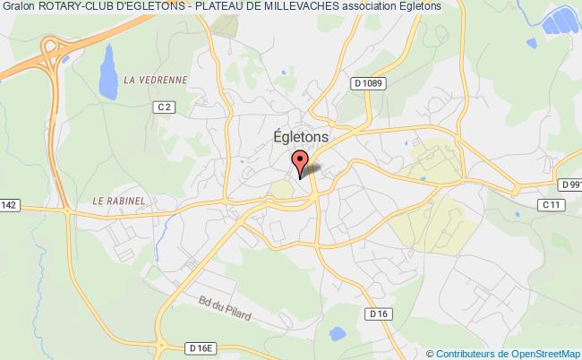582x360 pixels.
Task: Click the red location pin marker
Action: tap(300, 164)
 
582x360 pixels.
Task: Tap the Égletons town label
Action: tap(300, 136)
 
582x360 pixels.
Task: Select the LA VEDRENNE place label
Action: tap(156, 80)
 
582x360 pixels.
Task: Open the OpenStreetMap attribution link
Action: tap(535, 353)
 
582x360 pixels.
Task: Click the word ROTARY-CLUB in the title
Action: tap(75, 7)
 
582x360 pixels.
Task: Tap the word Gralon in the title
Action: tap(17, 7)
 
